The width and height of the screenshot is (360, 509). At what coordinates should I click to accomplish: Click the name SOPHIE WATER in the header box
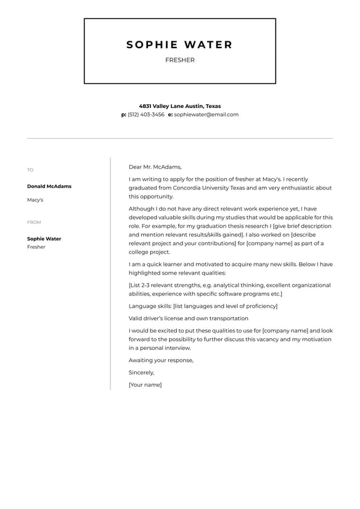(179, 44)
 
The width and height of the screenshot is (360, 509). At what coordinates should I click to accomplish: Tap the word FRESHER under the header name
(179, 60)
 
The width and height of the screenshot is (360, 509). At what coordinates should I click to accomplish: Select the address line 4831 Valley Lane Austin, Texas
(179, 106)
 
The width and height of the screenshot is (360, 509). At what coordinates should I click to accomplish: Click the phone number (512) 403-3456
(146, 114)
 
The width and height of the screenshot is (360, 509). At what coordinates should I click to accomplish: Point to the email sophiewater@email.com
(206, 114)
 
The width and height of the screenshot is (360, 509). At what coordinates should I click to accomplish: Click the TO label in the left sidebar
(30, 170)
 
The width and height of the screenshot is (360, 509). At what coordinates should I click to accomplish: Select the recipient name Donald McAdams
(49, 186)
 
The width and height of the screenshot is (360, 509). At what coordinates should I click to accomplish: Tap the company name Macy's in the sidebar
(35, 200)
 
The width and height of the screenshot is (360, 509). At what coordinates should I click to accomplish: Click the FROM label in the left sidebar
(34, 222)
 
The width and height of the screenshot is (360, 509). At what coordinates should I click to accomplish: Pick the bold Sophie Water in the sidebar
(44, 239)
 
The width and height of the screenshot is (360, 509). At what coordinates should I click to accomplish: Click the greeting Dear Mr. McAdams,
(155, 167)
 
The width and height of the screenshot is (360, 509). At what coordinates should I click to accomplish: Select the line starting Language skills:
(203, 306)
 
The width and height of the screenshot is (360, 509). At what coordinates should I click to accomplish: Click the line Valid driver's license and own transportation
(188, 318)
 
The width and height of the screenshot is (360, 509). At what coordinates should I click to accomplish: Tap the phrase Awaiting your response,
(161, 360)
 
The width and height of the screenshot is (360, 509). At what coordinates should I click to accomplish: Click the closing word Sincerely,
(141, 373)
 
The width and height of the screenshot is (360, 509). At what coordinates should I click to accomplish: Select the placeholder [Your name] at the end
(145, 385)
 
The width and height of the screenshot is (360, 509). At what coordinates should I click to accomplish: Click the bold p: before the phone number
(124, 114)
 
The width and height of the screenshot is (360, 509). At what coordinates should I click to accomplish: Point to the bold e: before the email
(170, 114)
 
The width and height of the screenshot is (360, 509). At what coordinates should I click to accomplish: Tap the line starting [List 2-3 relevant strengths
(229, 285)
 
